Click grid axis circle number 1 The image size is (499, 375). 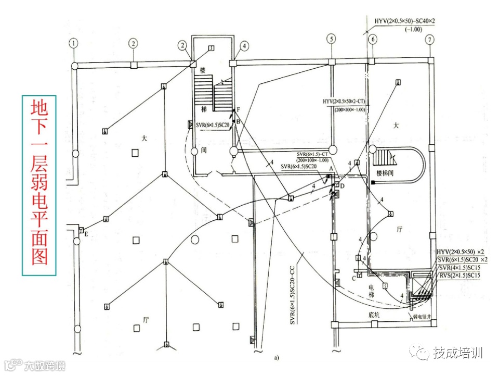click(75, 42)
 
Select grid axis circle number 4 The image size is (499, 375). click(245, 46)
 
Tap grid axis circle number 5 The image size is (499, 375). click(331, 39)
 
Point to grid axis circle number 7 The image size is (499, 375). click(429, 40)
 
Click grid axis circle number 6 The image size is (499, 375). click(372, 40)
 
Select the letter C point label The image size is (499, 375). click(353, 278)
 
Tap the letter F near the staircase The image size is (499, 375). click(239, 109)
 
